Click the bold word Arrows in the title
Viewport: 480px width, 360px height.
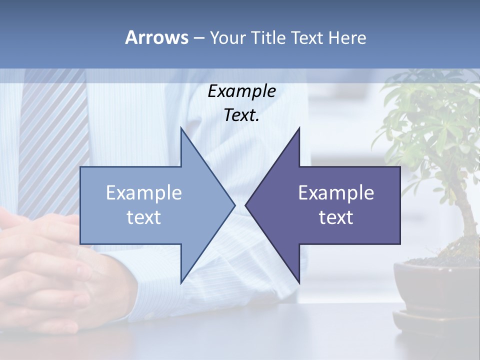(156, 37)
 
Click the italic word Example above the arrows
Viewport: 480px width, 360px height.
(241, 91)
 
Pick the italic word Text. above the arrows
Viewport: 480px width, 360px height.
(241, 115)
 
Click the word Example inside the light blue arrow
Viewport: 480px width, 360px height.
(144, 193)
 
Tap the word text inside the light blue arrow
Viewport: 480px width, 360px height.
(144, 217)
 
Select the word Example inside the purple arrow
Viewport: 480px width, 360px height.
(336, 193)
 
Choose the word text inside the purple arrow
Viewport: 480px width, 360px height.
(336, 217)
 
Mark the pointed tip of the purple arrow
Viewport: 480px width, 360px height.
(246, 205)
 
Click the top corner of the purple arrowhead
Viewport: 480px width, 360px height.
(299, 129)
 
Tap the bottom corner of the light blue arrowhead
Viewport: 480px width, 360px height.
(181, 281)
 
